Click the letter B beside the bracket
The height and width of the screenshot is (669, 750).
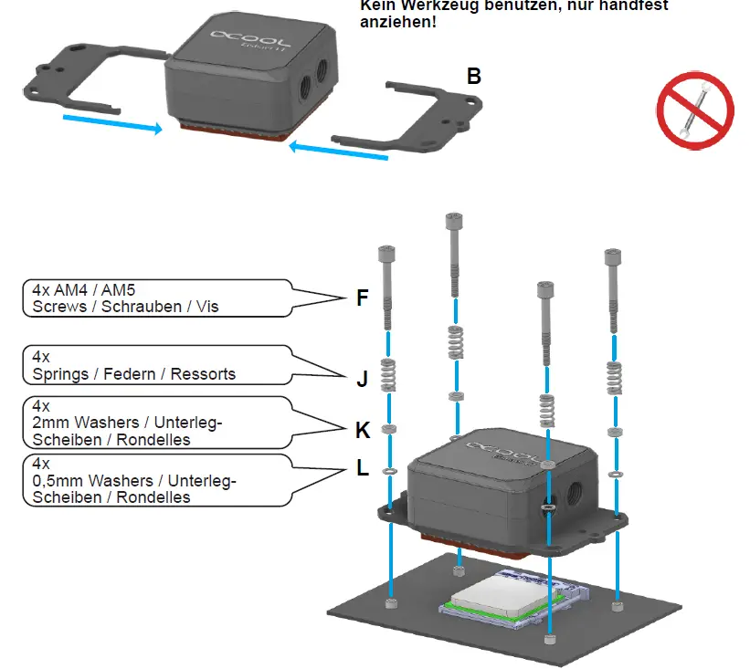click(473, 76)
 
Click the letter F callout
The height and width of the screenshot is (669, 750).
click(363, 298)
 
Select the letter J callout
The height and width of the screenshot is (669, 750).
click(362, 379)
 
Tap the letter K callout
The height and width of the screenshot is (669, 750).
click(363, 429)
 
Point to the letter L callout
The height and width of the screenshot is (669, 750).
click(363, 469)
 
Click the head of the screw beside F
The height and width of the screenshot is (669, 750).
click(386, 255)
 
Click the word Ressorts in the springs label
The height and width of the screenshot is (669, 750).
click(201, 373)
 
